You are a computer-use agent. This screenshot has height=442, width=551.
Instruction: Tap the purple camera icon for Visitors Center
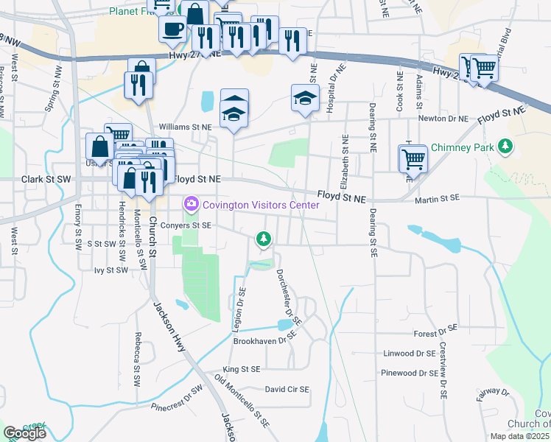192,203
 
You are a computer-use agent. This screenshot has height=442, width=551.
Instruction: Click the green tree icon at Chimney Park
505,147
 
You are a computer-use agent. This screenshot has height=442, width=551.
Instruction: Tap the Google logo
24,433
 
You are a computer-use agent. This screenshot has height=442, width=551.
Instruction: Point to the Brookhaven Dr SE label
264,340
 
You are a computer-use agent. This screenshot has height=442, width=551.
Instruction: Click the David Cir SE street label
287,388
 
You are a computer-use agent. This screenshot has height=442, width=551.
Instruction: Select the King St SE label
242,368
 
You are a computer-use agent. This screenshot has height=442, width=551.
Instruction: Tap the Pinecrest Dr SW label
176,397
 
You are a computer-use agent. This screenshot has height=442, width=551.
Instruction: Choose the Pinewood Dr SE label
410,373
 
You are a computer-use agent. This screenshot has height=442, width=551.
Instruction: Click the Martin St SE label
437,198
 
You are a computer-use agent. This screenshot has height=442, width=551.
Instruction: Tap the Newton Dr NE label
443,118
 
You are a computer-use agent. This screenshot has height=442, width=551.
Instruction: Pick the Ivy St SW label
111,270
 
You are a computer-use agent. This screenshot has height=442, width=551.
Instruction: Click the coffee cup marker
172,29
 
